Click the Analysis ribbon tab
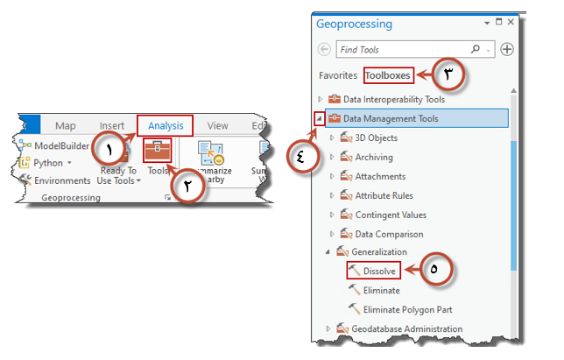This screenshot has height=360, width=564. click(165, 125)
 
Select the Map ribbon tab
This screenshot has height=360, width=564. click(66, 126)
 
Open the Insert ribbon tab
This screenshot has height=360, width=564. click(111, 126)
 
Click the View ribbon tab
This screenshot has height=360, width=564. click(217, 126)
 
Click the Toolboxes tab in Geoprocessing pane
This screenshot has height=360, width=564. click(387, 75)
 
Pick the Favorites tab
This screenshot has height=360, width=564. click(337, 75)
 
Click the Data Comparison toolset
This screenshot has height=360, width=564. click(389, 234)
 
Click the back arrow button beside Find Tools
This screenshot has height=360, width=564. click(326, 50)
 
